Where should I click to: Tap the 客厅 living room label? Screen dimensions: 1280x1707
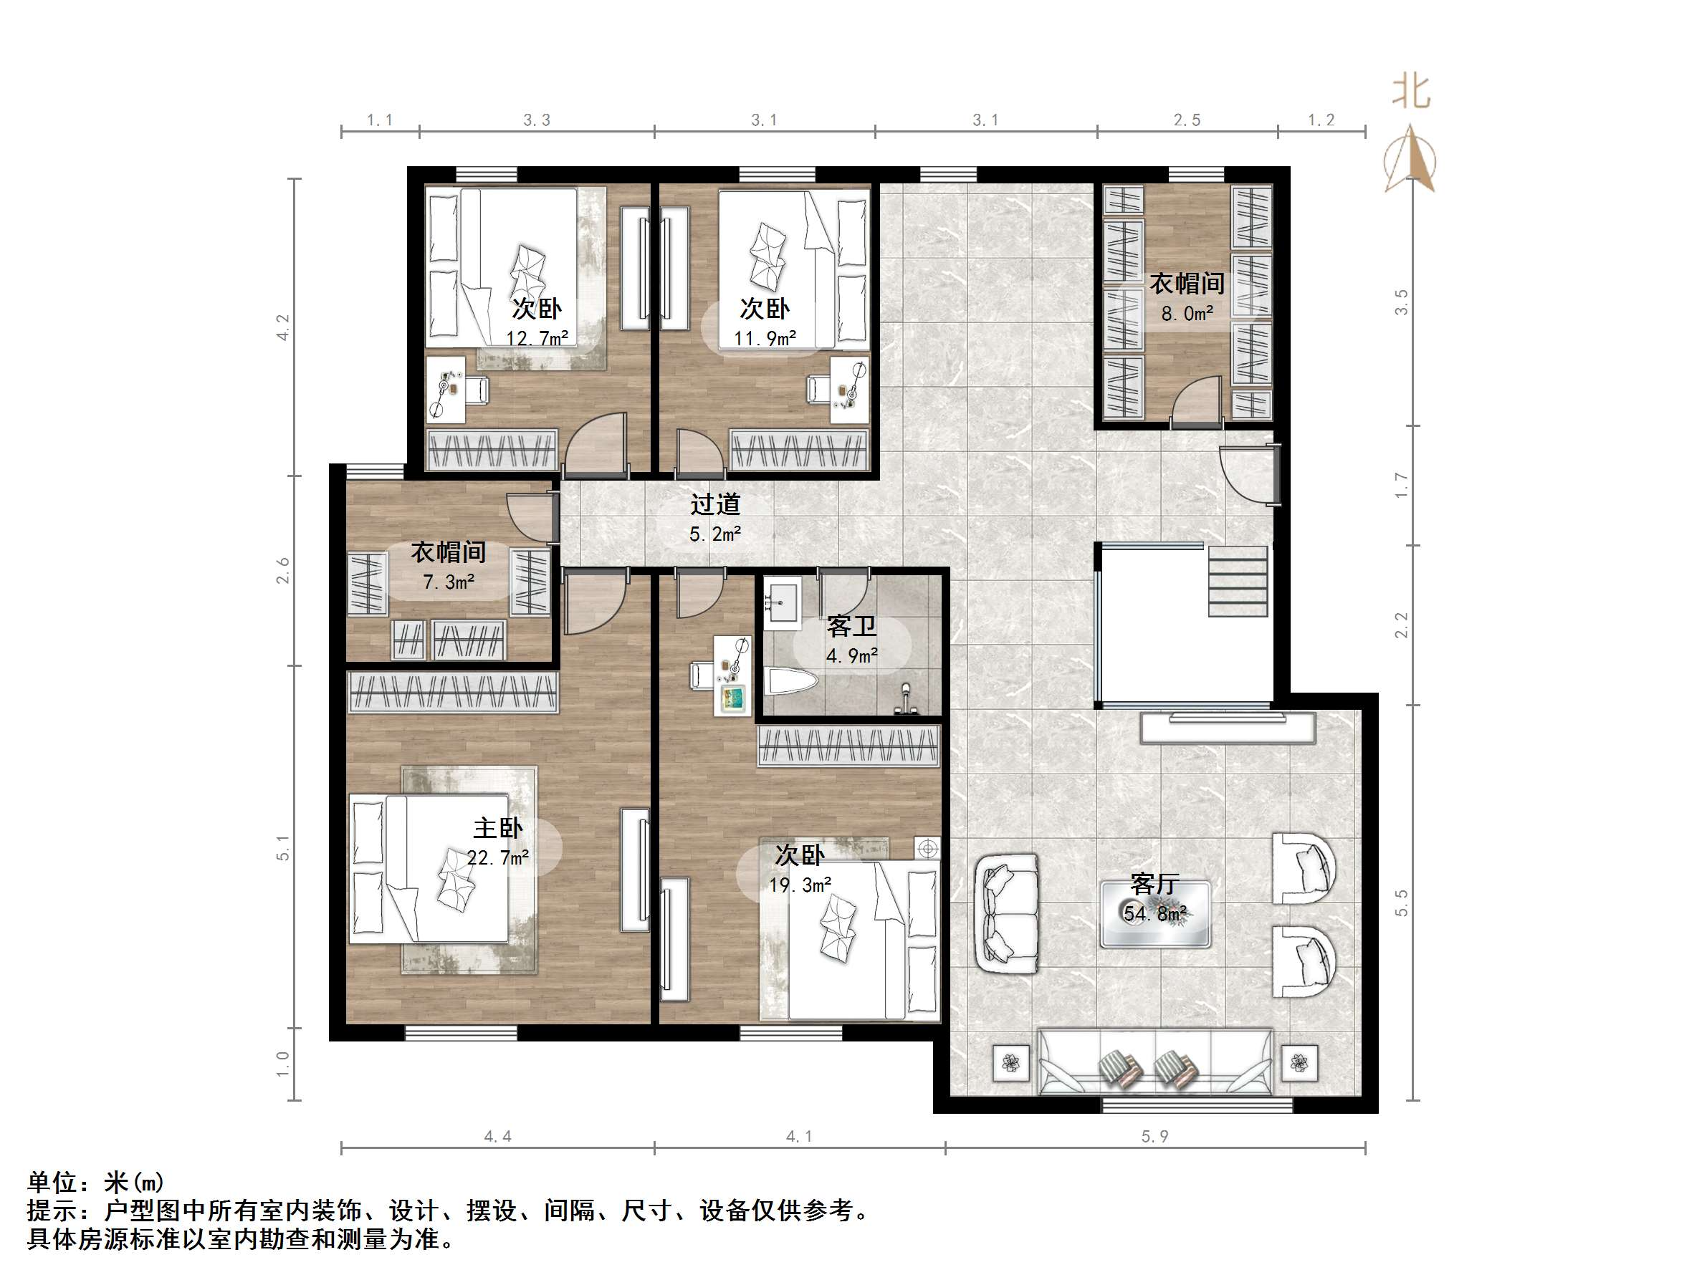pos(1154,883)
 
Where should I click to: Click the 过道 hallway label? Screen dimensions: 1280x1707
pos(715,504)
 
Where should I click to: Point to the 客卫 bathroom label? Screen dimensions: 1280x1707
pos(851,626)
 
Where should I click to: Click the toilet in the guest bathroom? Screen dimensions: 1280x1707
pos(792,683)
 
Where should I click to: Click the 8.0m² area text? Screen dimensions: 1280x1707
pos(1187,314)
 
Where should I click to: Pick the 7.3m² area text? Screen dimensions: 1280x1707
pos(449,582)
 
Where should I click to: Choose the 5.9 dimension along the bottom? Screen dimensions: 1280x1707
pos(1154,1137)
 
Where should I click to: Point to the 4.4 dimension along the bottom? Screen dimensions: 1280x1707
pos(498,1137)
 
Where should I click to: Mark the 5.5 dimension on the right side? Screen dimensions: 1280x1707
pos(1402,903)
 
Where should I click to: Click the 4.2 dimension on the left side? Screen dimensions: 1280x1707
pos(283,327)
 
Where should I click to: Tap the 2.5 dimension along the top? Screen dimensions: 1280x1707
pos(1187,120)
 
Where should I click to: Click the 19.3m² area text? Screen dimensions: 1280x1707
pos(800,885)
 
